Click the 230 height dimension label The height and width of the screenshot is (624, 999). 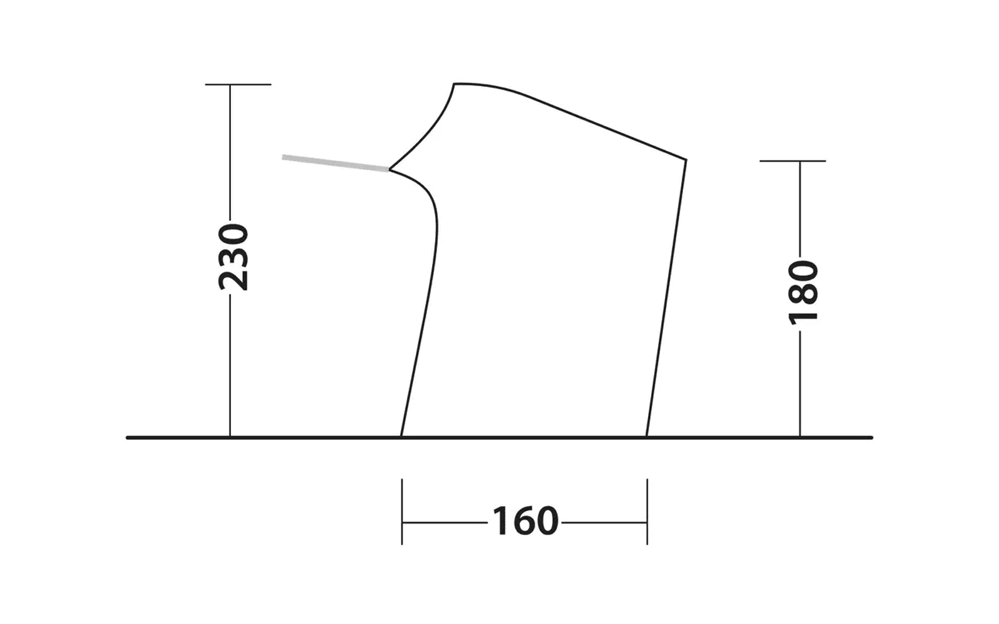(233, 257)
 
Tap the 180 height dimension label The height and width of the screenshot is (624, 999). (803, 293)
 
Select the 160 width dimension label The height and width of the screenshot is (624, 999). (525, 520)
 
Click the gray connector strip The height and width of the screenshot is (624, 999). (336, 163)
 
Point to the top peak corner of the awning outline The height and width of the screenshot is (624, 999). (454, 84)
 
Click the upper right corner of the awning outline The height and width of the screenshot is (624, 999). (686, 160)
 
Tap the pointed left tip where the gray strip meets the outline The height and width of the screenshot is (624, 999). (390, 169)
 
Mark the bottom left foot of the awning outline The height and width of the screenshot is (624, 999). (401, 436)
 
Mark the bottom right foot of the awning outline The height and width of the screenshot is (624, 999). (647, 436)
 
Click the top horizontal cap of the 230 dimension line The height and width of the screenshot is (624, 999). (238, 84)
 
